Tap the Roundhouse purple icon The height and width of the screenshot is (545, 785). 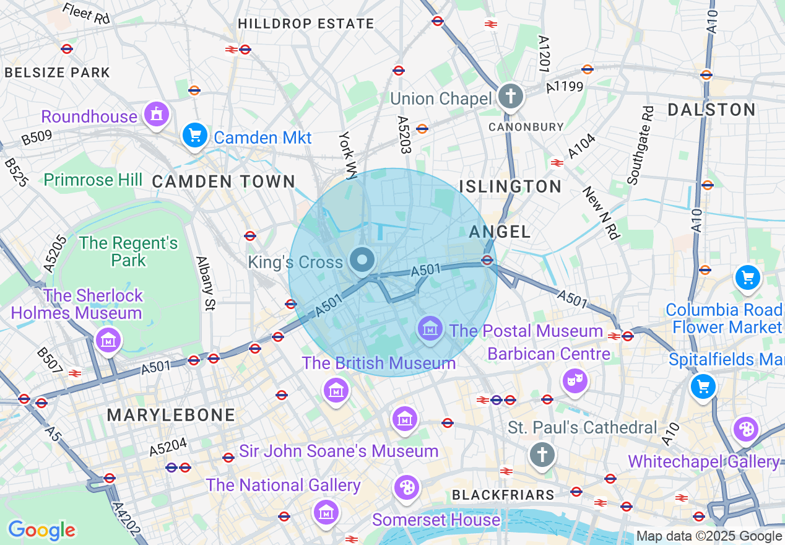point(156,115)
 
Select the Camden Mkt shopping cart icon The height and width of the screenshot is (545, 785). point(195,136)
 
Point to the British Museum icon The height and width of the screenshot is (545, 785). point(336,390)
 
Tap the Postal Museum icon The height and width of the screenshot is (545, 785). point(430,328)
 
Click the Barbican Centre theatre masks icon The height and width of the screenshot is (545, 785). point(575,380)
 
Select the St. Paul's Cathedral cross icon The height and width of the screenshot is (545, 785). point(542,455)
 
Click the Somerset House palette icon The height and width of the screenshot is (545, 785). point(407,487)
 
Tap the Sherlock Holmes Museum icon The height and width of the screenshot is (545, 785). point(109,340)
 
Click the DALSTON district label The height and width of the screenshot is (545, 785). point(711,110)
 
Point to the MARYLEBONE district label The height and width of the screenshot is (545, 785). point(171,415)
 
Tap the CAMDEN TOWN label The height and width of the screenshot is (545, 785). point(223,181)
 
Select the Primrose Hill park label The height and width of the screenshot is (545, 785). point(93,180)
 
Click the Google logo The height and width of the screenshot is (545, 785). point(41,530)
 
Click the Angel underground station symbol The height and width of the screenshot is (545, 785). point(487,260)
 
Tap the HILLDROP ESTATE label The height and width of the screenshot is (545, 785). point(306,24)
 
